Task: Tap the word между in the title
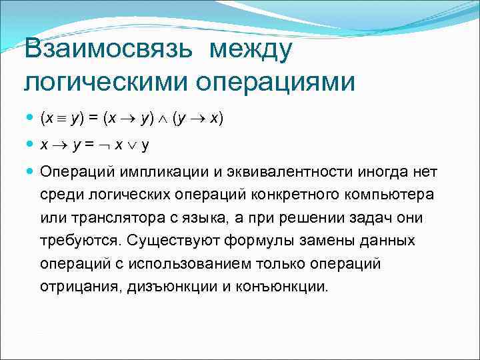point(251,50)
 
